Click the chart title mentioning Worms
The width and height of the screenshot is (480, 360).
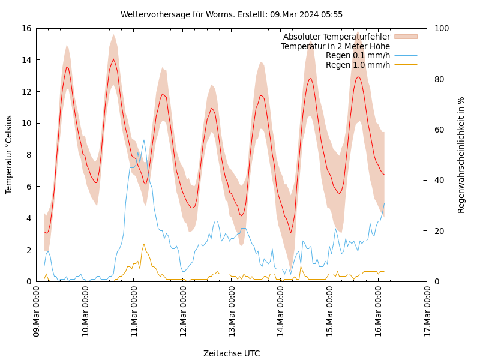(x=232, y=14)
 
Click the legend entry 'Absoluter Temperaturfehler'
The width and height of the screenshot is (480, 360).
(x=336, y=37)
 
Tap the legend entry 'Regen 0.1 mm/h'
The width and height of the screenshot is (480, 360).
(x=358, y=55)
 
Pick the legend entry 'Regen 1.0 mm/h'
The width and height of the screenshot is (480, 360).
(x=358, y=64)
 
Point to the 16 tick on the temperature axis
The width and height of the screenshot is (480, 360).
(x=26, y=28)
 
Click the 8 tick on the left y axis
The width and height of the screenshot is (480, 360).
(x=28, y=155)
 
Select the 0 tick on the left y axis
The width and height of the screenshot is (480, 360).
(x=28, y=281)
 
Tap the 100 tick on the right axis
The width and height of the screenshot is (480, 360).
(x=440, y=28)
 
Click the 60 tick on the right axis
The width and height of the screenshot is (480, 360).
(x=439, y=130)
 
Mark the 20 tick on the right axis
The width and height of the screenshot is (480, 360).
(x=439, y=231)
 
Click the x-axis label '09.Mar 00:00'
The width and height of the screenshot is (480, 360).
(x=37, y=313)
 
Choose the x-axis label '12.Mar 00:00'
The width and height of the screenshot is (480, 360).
(x=183, y=313)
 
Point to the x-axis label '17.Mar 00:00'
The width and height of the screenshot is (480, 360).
(x=427, y=313)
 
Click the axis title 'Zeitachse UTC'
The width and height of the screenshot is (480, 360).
(x=232, y=353)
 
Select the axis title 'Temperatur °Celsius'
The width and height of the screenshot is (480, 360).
(x=9, y=155)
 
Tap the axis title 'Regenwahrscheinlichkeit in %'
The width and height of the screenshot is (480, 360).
(x=461, y=155)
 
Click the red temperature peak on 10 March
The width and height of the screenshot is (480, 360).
(x=113, y=59)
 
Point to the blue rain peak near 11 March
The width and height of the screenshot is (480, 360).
(x=143, y=140)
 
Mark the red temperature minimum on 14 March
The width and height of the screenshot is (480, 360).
(x=290, y=233)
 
